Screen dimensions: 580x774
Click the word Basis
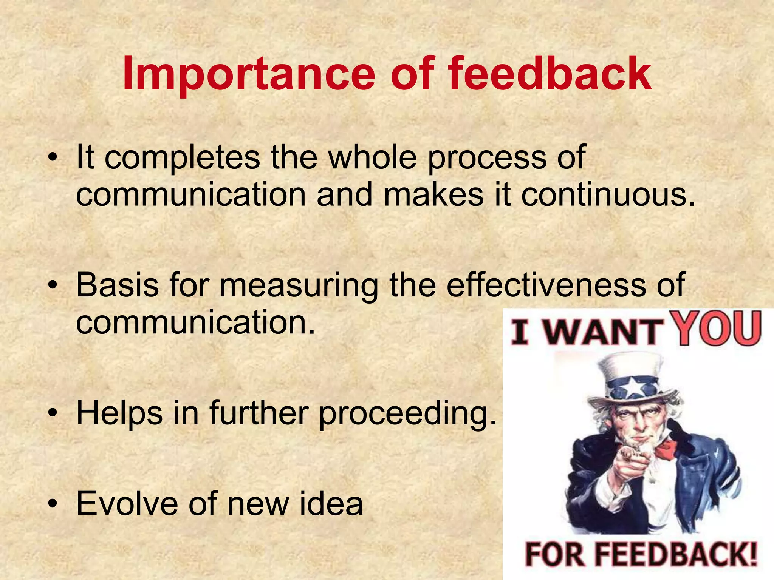click(117, 285)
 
